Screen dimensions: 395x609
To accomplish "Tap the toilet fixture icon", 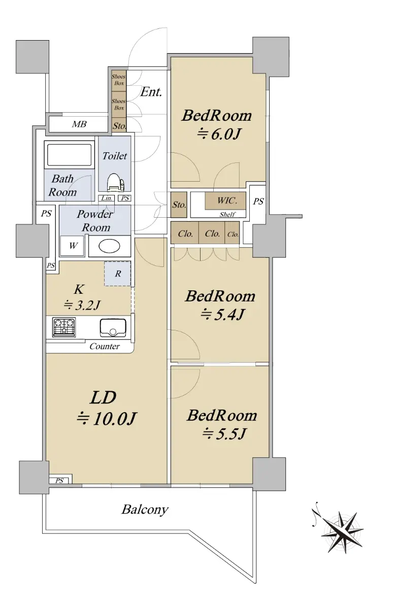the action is (x=116, y=182).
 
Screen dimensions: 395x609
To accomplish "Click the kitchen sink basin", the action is (x=113, y=327).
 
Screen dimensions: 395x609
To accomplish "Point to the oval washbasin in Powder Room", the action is (x=109, y=246).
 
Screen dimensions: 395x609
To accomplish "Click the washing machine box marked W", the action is (x=72, y=246).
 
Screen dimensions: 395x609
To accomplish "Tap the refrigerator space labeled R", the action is (x=117, y=274).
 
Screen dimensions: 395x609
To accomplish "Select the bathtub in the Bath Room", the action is (x=70, y=155).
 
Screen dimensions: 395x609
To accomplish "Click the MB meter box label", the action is (x=79, y=124).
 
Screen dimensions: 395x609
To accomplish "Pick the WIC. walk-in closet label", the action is (x=227, y=200).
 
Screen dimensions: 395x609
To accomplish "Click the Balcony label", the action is (x=145, y=510).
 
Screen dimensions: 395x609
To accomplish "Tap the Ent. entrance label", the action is (x=151, y=92).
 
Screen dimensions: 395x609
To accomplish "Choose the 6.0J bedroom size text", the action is (x=219, y=134).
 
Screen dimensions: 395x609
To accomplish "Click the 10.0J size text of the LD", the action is (x=107, y=419).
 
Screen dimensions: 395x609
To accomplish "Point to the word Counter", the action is (x=105, y=346).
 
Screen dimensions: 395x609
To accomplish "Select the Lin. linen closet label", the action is (x=107, y=198).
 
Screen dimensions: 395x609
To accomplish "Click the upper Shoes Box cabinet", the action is (x=119, y=80).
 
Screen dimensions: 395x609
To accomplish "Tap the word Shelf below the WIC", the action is (x=227, y=215).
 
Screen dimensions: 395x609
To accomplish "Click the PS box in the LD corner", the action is (x=60, y=481).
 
